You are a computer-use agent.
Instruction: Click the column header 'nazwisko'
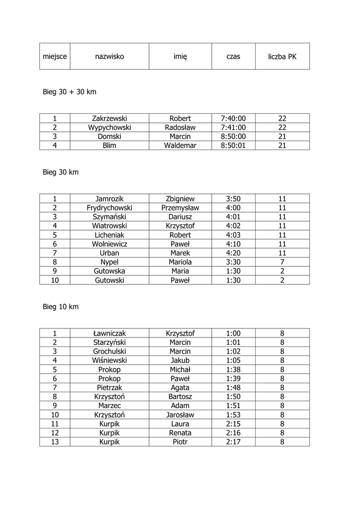click(x=109, y=57)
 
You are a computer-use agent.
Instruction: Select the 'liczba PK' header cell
click(x=282, y=57)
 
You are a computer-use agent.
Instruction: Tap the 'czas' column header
click(x=233, y=57)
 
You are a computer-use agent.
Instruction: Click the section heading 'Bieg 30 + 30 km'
click(x=69, y=92)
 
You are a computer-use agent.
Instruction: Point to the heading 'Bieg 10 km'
click(x=61, y=307)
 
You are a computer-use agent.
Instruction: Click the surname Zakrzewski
click(x=109, y=118)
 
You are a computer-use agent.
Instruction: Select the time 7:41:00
click(x=233, y=127)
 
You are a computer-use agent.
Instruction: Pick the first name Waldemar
click(x=180, y=145)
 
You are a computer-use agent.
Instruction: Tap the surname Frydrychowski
click(x=109, y=208)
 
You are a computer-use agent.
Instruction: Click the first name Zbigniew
click(x=180, y=199)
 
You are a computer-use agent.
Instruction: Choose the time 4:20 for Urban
click(x=233, y=253)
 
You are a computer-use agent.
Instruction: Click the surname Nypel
click(x=109, y=261)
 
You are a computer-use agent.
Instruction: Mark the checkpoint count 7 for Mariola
click(x=282, y=261)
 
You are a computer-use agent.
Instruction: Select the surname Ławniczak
click(x=109, y=333)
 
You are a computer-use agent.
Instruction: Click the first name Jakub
click(x=180, y=360)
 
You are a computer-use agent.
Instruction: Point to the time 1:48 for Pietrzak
click(x=233, y=387)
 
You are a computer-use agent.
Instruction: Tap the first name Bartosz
click(x=180, y=397)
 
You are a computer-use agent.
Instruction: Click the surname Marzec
click(x=109, y=406)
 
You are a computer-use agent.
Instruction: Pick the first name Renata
click(x=180, y=432)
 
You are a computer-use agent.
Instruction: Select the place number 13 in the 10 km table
click(x=55, y=441)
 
